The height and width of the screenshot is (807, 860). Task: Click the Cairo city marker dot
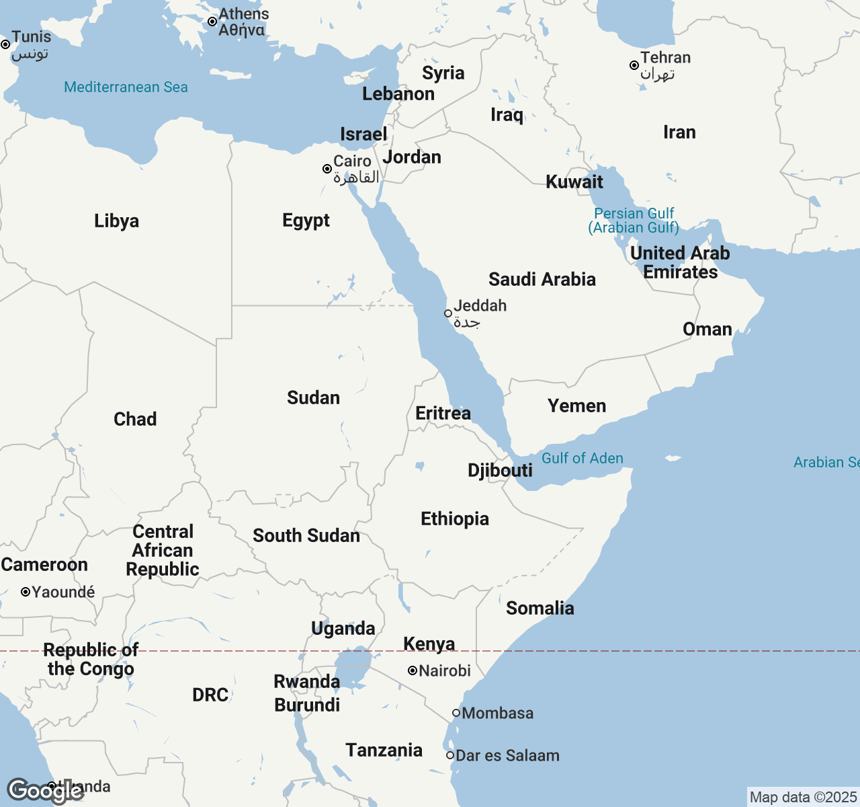[x=327, y=169]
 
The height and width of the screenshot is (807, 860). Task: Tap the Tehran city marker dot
[x=634, y=65]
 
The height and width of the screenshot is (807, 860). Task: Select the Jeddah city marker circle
[x=448, y=313]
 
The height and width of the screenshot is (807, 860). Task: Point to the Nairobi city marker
[x=412, y=670]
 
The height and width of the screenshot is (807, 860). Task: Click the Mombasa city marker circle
[x=456, y=713]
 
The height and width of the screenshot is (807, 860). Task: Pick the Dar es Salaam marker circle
[x=450, y=755]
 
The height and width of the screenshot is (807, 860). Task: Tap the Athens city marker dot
[x=212, y=22]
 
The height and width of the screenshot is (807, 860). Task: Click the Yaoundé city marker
[x=26, y=592]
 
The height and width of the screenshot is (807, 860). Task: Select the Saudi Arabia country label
[x=542, y=279]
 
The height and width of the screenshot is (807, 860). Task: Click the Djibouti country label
[x=500, y=470]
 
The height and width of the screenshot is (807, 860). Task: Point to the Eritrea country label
[x=443, y=413]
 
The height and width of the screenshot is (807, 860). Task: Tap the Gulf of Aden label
[x=582, y=458]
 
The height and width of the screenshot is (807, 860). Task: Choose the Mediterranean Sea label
[x=126, y=87]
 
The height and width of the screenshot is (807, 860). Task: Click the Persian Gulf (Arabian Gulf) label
[x=634, y=221]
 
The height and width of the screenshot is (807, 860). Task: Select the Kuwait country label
[x=574, y=182]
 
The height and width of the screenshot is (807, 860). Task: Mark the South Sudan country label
[x=306, y=535]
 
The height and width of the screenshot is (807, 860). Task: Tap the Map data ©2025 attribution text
[x=803, y=798]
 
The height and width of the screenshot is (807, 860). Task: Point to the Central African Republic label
[x=163, y=550]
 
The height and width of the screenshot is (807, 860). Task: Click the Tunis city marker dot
[x=5, y=44]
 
